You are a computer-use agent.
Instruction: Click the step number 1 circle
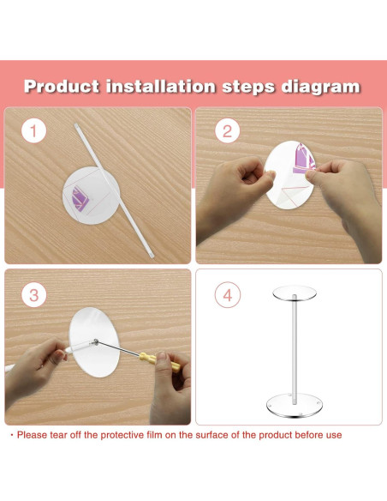click(x=33, y=130)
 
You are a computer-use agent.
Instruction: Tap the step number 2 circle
click(x=227, y=130)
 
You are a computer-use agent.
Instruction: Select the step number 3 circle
click(x=33, y=295)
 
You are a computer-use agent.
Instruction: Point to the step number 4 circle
click(x=228, y=295)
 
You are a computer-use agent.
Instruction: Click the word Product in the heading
click(x=62, y=87)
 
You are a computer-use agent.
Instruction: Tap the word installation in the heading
click(x=161, y=87)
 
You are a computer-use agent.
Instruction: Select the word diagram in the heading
click(x=321, y=88)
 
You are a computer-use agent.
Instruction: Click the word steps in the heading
click(x=248, y=88)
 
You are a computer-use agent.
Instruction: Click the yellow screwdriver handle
click(x=160, y=362)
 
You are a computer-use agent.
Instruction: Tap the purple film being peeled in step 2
click(x=304, y=159)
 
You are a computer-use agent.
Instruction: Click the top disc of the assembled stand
click(x=295, y=293)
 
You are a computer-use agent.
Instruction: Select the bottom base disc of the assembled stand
click(x=295, y=406)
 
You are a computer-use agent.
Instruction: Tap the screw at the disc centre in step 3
click(x=95, y=342)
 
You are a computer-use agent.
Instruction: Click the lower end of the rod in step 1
click(x=152, y=256)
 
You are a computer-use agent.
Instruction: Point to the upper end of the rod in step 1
click(x=76, y=125)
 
